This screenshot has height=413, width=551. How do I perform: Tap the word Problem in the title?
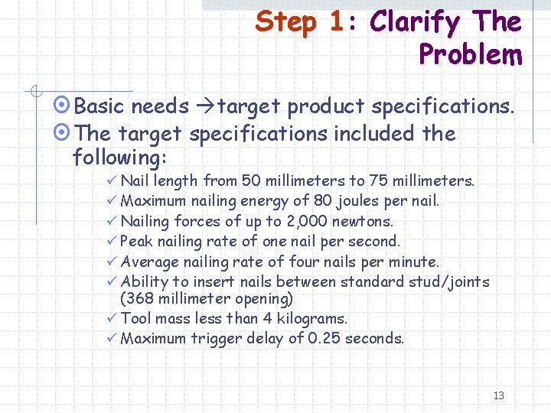471,55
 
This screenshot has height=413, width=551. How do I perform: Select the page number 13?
498,395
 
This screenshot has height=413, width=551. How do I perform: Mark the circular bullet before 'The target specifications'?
64,134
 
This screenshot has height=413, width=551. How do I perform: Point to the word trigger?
216,338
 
